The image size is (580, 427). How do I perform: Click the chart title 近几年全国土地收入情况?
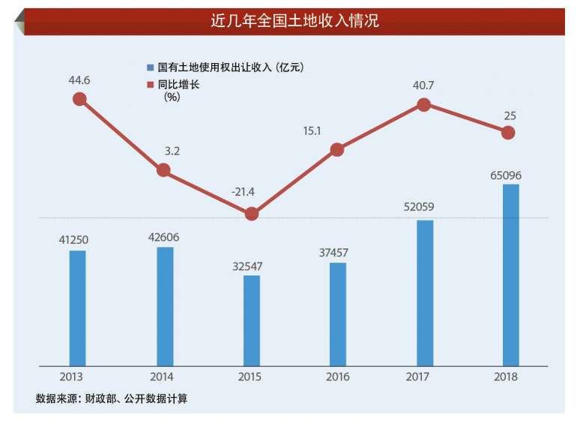tap(294, 21)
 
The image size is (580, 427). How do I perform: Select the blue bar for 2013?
tap(78, 308)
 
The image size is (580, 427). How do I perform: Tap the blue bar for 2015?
tap(252, 320)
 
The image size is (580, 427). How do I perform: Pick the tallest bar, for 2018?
tap(510, 275)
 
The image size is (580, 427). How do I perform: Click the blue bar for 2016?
tap(338, 314)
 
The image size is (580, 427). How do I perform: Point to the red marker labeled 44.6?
tap(79, 99)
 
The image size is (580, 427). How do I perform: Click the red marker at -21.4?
tap(252, 214)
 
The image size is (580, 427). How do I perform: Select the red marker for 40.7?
tap(423, 105)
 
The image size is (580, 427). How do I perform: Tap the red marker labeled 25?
tap(508, 133)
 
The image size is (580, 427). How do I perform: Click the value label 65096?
tap(506, 176)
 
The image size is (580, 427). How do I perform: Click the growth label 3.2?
tap(172, 152)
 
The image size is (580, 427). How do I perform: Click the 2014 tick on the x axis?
tap(164, 377)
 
